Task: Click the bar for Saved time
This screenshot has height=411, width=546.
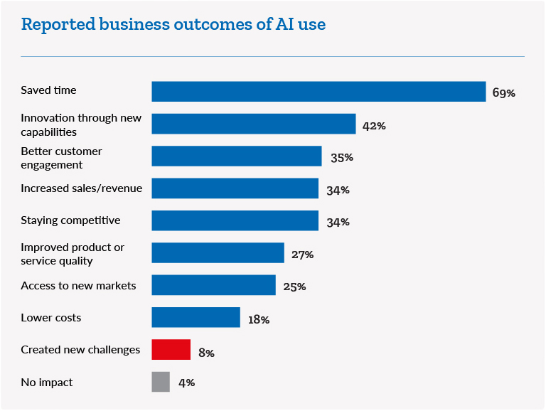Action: point(318,92)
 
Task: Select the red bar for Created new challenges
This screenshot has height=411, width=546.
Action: point(171,350)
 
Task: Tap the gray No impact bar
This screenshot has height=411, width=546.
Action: point(161,382)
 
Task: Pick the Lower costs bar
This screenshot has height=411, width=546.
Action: point(196,317)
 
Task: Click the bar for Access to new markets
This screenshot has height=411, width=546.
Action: point(213,285)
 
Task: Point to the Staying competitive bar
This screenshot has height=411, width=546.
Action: point(235,220)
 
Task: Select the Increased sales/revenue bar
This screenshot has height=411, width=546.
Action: point(235,188)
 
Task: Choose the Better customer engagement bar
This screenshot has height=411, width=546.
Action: point(237,156)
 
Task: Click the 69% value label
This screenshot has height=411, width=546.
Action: point(504,93)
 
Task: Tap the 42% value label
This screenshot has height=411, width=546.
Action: point(374,126)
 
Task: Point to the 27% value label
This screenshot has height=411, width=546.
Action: point(302,255)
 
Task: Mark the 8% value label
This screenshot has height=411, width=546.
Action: point(206,352)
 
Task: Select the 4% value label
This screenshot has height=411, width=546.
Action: point(186,383)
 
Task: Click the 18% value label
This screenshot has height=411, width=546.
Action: point(259,320)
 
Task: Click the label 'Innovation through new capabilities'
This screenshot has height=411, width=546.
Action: point(81,125)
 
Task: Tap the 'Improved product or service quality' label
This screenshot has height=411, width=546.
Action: point(73,254)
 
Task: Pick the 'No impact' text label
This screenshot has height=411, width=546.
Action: point(47,383)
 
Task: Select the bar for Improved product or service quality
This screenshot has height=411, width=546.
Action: point(218,252)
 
